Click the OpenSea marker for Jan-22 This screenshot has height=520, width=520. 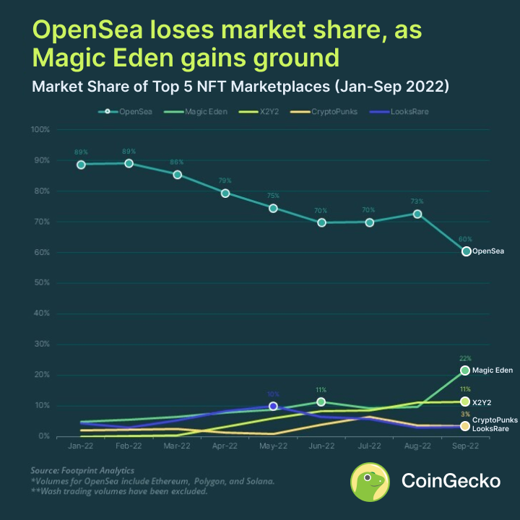tap(81, 165)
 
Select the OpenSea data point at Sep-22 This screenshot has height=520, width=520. tap(466, 251)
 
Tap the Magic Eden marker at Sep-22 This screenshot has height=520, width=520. tap(465, 370)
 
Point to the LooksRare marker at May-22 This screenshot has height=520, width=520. tap(273, 407)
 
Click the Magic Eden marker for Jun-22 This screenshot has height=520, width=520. tap(321, 402)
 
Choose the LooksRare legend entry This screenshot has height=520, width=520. tap(397, 112)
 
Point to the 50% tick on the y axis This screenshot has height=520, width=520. tap(39, 282)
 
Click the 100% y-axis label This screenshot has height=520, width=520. tap(39, 130)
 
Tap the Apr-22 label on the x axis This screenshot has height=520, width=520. tap(225, 447)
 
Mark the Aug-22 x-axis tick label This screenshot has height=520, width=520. tap(417, 447)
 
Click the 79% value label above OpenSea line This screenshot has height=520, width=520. tap(225, 181)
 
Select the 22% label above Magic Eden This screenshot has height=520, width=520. tap(465, 358)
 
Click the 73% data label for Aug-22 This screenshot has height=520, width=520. tap(417, 201)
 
